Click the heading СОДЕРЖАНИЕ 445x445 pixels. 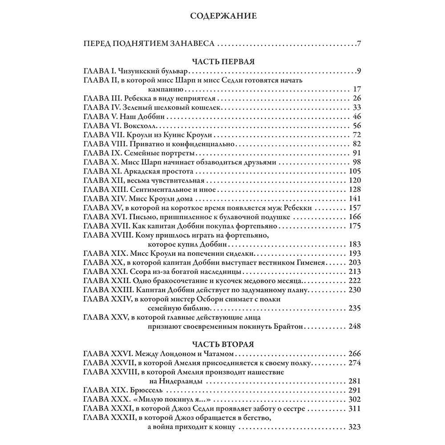click(222, 17)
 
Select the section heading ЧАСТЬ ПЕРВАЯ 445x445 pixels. click(222, 62)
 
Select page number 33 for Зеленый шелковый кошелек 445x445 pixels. click(356, 107)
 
